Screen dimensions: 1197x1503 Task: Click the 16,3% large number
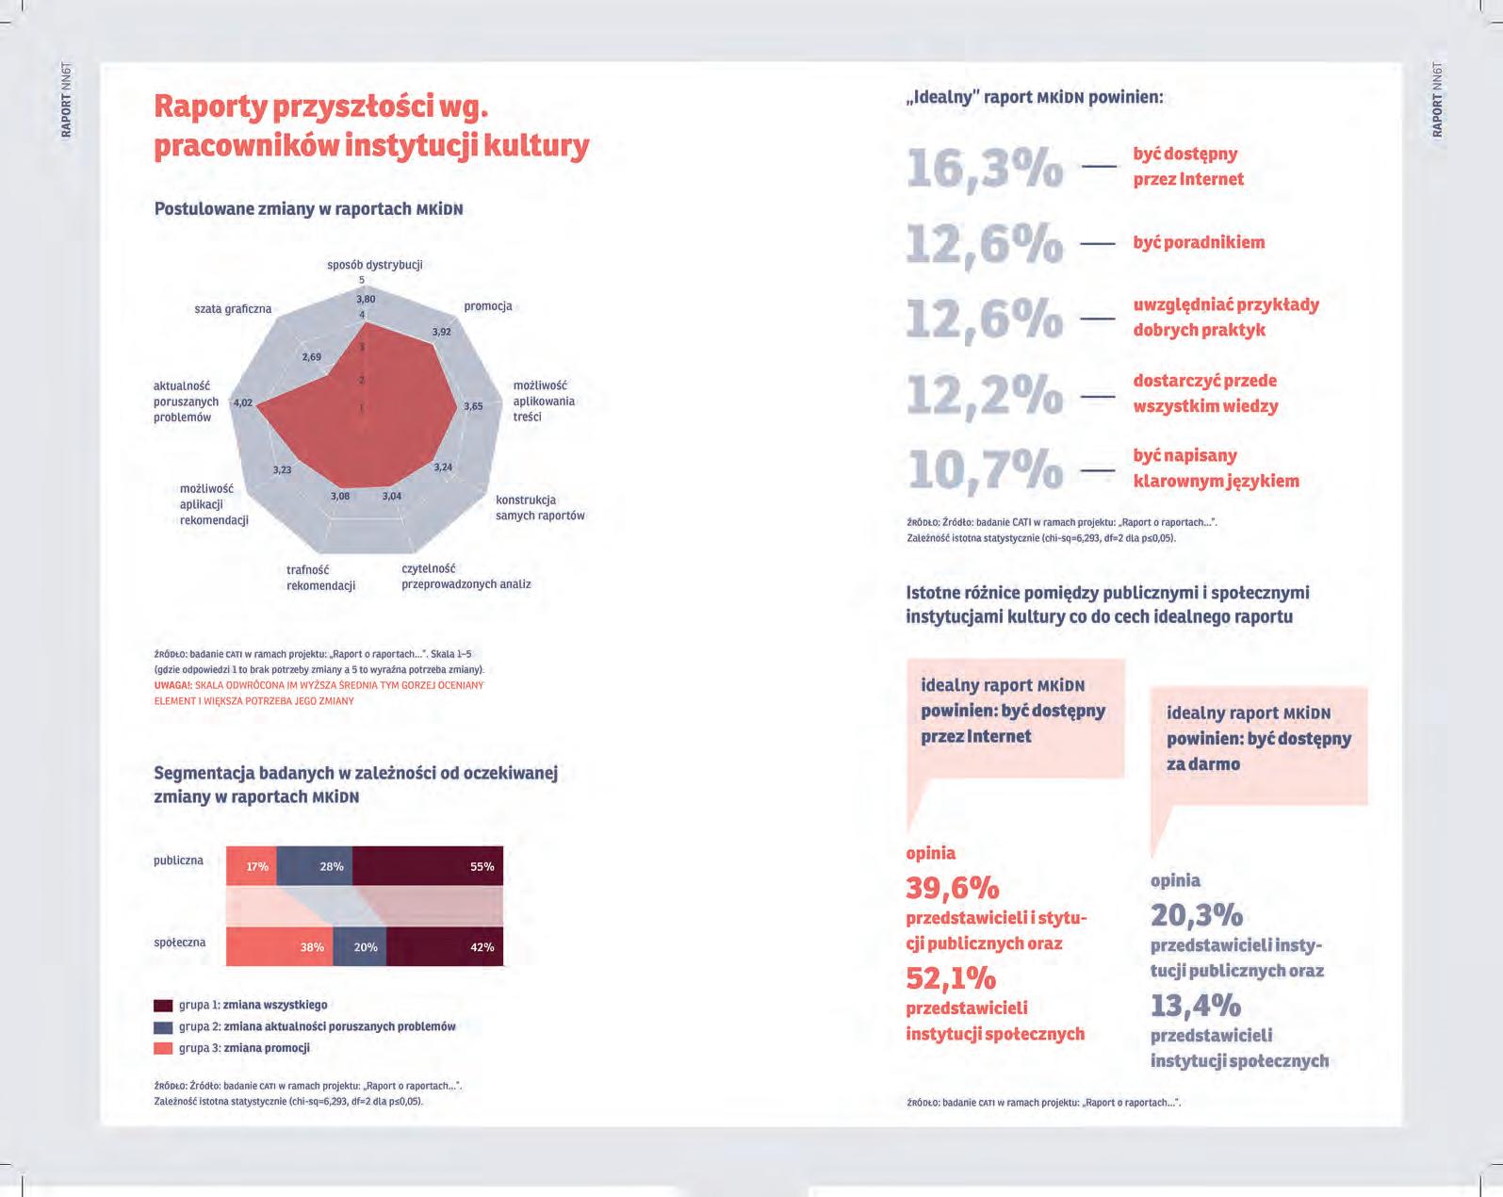pos(984,168)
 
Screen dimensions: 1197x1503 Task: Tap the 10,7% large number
pos(984,469)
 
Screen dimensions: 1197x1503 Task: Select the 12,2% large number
pos(984,394)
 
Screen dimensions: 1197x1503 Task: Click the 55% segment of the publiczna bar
pos(427,866)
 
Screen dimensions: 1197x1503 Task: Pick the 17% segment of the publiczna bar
pos(252,866)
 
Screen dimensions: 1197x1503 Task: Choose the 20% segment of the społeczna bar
pos(366,946)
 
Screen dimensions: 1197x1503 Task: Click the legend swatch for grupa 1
pos(163,1006)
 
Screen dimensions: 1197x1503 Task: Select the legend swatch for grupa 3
pos(163,1048)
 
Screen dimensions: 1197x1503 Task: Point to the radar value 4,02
pos(243,402)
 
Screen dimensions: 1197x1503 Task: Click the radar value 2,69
pos(311,356)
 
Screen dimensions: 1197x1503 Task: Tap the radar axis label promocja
pos(488,306)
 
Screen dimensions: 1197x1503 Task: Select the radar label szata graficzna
pos(233,308)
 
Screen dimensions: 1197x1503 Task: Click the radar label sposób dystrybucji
pos(375,265)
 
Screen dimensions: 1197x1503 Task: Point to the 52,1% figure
pos(951,978)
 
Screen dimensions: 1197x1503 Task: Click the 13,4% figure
pos(1195,1006)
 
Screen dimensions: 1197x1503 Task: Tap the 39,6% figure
pos(952,888)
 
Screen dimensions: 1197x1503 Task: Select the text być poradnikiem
pos(1199,242)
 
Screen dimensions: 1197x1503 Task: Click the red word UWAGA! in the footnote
pos(172,685)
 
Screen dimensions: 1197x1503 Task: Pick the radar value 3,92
pos(441,332)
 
